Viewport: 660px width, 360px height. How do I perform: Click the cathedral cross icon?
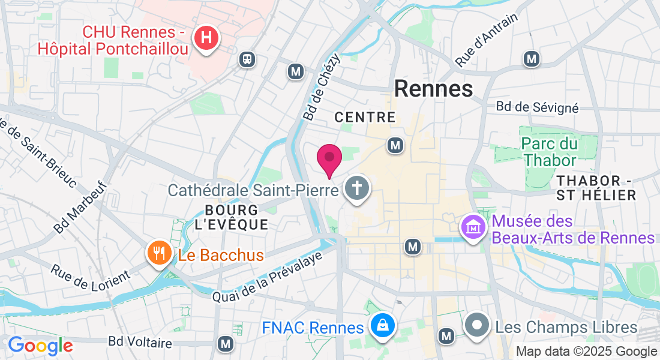coord(357,189)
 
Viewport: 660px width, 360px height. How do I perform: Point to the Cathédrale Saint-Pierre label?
coord(253,190)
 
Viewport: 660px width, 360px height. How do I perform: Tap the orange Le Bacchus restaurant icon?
coord(159,254)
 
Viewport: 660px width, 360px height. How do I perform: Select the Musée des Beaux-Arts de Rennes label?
coord(573,229)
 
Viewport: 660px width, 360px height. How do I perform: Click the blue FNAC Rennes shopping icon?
coord(381,326)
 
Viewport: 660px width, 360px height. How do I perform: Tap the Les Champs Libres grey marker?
coord(478,326)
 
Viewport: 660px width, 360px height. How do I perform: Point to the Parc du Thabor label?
coord(550,152)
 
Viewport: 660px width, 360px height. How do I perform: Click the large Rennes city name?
coord(434,89)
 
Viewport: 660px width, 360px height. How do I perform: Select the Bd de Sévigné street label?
coord(537,107)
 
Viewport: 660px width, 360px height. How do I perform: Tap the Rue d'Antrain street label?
coord(487,40)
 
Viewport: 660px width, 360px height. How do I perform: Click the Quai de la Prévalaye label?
coord(268,276)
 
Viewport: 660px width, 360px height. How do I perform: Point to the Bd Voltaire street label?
coord(140,343)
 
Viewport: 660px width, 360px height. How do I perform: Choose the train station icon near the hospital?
coord(246,59)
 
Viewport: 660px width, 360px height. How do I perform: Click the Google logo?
coord(40,346)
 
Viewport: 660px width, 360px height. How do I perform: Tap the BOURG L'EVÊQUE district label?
coord(231,217)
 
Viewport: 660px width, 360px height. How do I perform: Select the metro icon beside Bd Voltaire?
coord(226,344)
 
